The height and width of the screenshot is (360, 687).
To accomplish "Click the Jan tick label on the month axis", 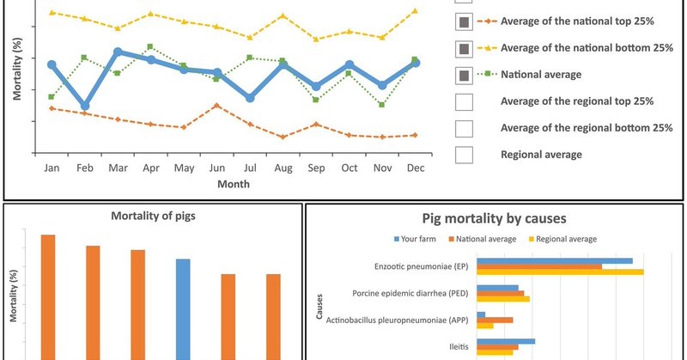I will pos(52,168).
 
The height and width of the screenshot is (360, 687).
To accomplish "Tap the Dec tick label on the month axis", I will pos(415,168).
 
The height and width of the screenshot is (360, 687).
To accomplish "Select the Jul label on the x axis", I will pos(250,168).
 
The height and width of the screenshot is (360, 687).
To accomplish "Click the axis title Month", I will pos(234,184).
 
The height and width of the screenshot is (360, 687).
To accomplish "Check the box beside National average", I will pos(464,75).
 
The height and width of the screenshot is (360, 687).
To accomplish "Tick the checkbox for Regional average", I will pos(464,155).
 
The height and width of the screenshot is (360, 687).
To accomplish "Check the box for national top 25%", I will pos(464,21).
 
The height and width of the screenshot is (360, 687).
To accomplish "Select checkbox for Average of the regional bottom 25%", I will pos(464,128).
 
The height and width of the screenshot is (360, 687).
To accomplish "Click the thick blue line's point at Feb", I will pos(85,107).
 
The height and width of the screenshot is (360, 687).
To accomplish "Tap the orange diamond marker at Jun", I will pos(217,106).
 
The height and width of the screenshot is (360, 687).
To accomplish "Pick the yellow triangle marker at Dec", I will pos(415,11).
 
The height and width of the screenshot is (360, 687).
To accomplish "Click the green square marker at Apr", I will pos(151,46).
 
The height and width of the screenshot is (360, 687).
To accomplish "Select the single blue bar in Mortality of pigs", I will pos(183,309).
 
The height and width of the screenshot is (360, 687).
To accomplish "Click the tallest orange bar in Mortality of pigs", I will pos(48,296).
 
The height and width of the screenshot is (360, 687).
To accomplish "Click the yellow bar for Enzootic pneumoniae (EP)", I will pos(560,272).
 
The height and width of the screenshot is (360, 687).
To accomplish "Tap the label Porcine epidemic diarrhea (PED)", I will pos(410,293).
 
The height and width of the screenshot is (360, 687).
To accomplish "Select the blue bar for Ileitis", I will pos(506,341).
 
